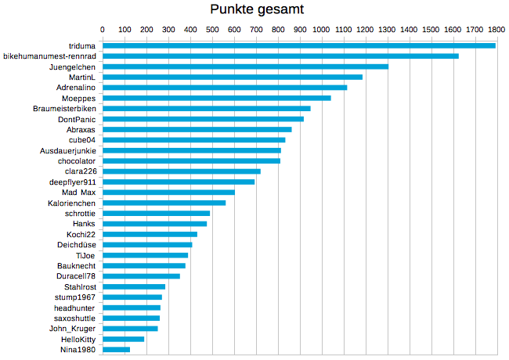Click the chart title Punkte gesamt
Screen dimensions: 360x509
click(x=258, y=9)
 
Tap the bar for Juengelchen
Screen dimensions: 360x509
click(x=246, y=67)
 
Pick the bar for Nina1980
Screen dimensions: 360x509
click(x=117, y=350)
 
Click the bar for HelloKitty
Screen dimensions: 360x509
click(x=124, y=339)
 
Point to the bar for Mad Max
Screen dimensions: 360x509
click(x=169, y=193)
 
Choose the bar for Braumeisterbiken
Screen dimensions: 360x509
click(x=207, y=108)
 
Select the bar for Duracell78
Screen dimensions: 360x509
click(x=142, y=276)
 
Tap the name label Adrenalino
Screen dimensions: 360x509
click(x=77, y=88)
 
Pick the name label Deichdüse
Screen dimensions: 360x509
click(x=76, y=245)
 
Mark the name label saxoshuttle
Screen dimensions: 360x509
click(x=74, y=318)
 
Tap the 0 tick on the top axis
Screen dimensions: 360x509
click(x=103, y=29)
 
